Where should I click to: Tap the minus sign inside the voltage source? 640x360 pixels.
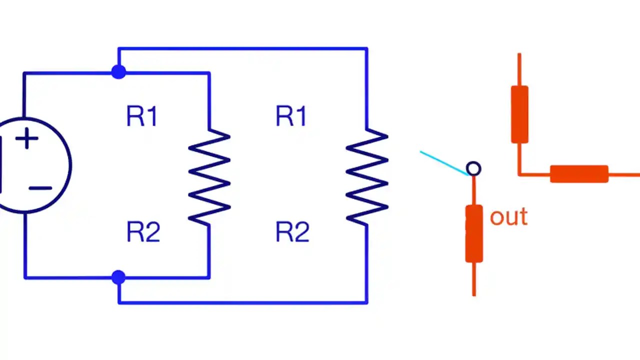[40, 188]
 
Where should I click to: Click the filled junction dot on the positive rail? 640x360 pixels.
[118, 72]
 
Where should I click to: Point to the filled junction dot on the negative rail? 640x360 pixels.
[118, 277]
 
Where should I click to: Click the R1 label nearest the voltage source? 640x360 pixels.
[142, 116]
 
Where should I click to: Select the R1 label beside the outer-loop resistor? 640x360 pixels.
[291, 116]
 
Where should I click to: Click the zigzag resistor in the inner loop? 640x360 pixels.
[209, 176]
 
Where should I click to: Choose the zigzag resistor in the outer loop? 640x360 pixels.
[367, 176]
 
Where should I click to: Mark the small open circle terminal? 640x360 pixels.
[473, 169]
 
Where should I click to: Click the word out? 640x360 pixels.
[508, 217]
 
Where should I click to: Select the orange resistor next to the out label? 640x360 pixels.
[474, 233]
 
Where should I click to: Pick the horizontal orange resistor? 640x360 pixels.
[579, 174]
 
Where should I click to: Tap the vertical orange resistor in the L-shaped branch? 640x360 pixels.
[519, 114]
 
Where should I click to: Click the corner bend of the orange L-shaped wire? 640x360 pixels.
[520, 174]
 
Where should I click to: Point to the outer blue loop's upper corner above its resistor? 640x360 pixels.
[367, 49]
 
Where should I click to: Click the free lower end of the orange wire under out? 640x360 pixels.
[474, 293]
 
